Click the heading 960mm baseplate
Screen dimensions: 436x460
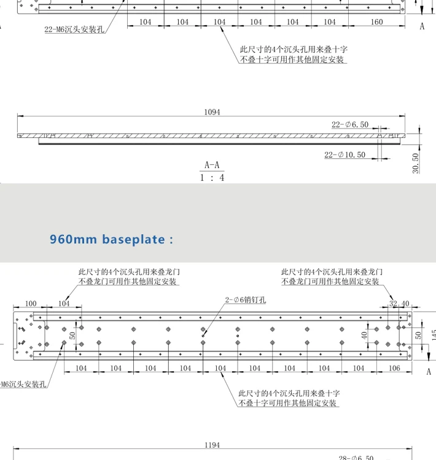pyautogui.click(x=111, y=239)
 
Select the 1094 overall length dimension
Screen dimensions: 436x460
pyautogui.click(x=212, y=112)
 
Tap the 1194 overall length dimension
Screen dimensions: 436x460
pyautogui.click(x=212, y=445)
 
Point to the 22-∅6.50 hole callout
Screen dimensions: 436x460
pyautogui.click(x=350, y=125)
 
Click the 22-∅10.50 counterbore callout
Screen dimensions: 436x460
pyautogui.click(x=345, y=155)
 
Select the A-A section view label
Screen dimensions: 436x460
pyautogui.click(x=212, y=165)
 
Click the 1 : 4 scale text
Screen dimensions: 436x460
pyautogui.click(x=212, y=177)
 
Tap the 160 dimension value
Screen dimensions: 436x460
pyautogui.click(x=376, y=22)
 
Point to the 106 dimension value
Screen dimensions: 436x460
pyautogui.click(x=394, y=368)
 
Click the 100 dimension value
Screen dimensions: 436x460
pyautogui.click(x=30, y=304)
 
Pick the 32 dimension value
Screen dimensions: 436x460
pyautogui.click(x=393, y=304)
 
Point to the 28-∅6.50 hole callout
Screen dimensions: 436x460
pyautogui.click(x=356, y=457)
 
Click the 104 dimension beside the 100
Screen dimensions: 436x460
pyautogui.click(x=64, y=304)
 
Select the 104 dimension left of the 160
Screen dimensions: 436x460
pyautogui.click(x=330, y=22)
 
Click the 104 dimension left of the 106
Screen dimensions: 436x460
pyautogui.click(x=359, y=368)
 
